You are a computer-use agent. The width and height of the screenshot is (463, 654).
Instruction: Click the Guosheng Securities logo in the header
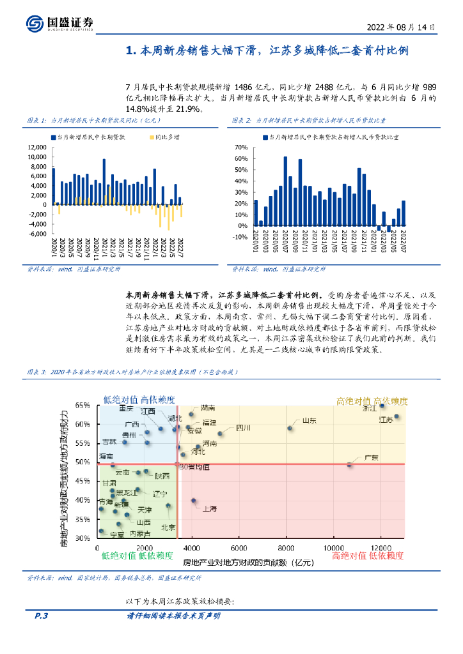(61, 24)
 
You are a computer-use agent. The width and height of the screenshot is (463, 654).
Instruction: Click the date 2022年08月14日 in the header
(401, 28)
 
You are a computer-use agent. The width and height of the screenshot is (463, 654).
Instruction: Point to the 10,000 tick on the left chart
(37, 156)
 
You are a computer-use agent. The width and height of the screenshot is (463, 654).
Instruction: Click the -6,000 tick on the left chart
(38, 234)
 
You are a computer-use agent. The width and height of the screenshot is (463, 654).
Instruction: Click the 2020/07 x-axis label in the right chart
(285, 243)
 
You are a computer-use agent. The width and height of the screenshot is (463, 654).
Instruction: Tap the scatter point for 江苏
(396, 416)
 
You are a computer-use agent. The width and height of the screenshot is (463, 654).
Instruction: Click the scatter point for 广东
(349, 464)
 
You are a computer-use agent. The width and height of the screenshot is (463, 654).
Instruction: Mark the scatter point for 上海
(194, 501)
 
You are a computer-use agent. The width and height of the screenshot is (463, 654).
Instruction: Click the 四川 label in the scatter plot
(243, 427)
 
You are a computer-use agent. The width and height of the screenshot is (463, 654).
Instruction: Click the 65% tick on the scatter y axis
(84, 406)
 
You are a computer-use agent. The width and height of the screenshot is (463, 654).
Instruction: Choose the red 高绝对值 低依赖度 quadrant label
(368, 556)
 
